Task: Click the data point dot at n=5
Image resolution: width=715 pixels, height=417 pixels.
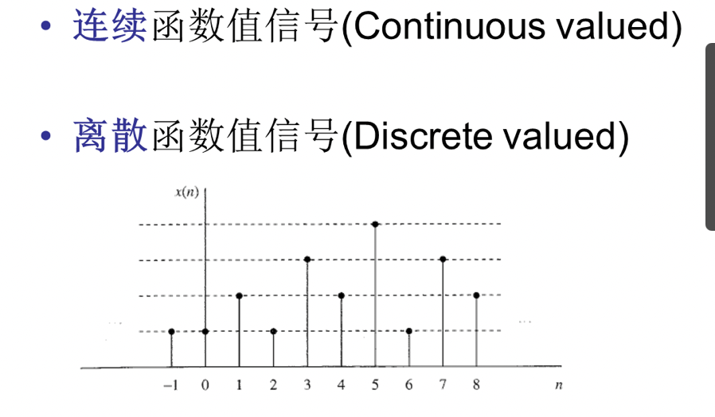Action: [x=375, y=224]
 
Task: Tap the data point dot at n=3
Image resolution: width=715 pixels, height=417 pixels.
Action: [x=307, y=259]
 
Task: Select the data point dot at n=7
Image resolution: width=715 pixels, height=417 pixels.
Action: [x=443, y=259]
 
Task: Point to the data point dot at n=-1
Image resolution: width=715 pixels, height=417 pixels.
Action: [x=171, y=331]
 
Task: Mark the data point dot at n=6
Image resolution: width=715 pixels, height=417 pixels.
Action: [x=409, y=331]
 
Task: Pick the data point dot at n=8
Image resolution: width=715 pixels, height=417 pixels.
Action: [x=476, y=295]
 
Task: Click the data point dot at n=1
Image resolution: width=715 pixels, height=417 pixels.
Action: [x=240, y=296]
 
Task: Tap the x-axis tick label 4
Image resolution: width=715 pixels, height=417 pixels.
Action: [x=341, y=385]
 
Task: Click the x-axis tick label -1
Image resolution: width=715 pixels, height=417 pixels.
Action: [x=170, y=385]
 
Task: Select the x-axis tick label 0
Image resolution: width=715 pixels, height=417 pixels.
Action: [x=205, y=385]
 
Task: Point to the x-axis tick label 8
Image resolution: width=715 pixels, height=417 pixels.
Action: [x=476, y=385]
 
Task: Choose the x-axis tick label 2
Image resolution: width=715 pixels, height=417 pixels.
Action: [x=273, y=385]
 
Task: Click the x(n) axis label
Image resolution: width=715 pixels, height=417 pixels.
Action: [x=187, y=192]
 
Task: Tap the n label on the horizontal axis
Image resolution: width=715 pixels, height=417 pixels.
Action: [x=559, y=385]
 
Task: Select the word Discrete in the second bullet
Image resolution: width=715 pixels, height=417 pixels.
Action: [x=423, y=136]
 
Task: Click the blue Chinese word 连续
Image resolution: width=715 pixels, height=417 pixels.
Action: [x=110, y=26]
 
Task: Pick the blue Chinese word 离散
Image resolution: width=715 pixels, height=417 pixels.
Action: [x=110, y=135]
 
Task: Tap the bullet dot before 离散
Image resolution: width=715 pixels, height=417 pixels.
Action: [x=45, y=135]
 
